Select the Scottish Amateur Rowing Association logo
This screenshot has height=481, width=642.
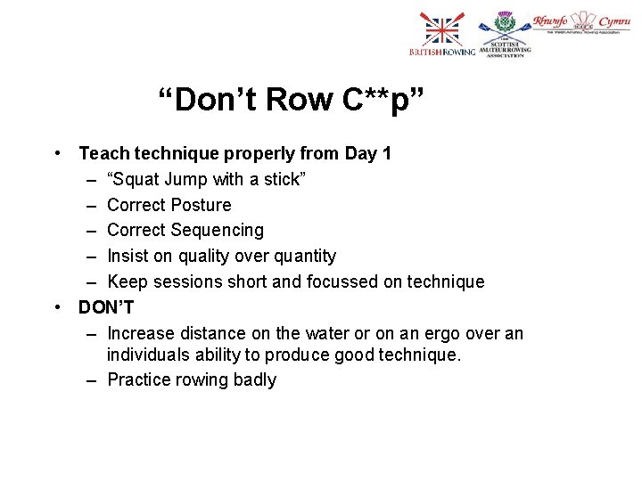[505, 37]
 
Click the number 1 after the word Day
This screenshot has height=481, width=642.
[386, 153]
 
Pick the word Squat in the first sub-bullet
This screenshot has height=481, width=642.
[132, 179]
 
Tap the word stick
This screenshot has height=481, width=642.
[284, 179]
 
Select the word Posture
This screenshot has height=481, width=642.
[201, 205]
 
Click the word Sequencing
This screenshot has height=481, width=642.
[218, 231]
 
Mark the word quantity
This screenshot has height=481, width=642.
[302, 257]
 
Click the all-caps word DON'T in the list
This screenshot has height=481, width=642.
[106, 307]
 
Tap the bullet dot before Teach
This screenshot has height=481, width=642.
[56, 153]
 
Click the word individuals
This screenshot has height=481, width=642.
[147, 355]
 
